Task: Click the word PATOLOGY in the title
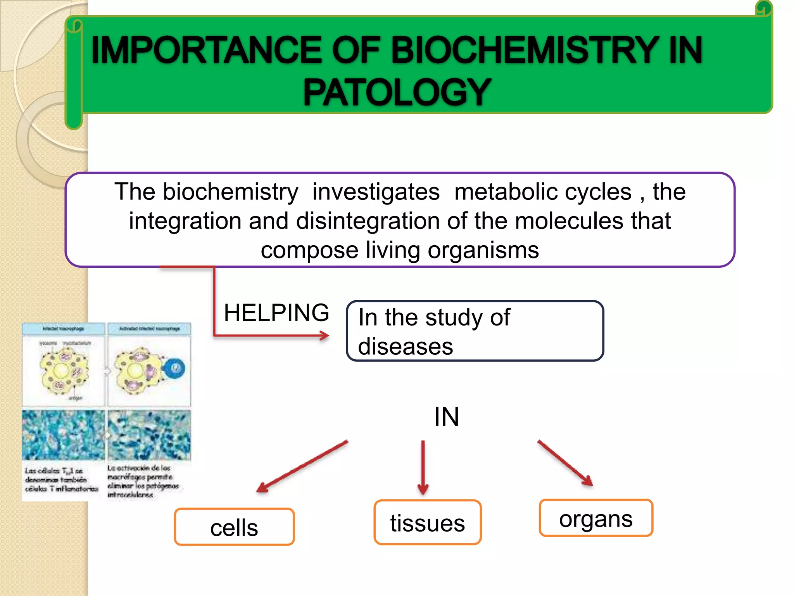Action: (397, 92)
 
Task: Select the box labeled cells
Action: (234, 527)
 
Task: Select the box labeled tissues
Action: (427, 522)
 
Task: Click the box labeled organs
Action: (595, 518)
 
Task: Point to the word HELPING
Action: (276, 313)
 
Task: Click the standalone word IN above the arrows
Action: (446, 417)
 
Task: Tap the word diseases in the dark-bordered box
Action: (405, 346)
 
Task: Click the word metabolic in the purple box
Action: (543, 192)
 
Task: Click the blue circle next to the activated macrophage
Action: (174, 368)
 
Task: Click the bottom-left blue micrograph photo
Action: (63, 435)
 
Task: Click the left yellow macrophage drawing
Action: (63, 370)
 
